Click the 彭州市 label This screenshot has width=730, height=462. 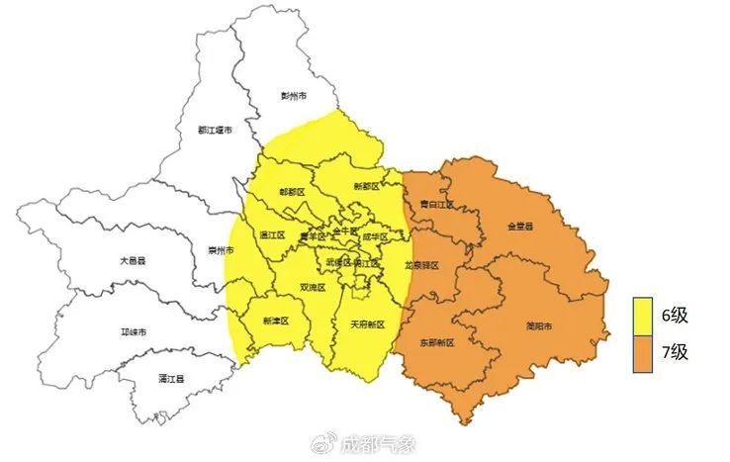click(x=294, y=96)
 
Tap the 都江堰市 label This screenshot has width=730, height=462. click(x=215, y=130)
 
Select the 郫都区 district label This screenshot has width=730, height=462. click(x=292, y=191)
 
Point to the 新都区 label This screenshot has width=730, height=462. click(x=368, y=187)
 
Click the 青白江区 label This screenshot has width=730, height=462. click(x=436, y=205)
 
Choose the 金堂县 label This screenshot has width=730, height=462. click(x=519, y=227)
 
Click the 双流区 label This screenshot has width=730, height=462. click(x=313, y=287)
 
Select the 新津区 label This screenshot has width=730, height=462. click(x=275, y=321)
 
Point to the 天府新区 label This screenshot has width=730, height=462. click(x=367, y=323)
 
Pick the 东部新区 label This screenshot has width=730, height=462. click(x=435, y=342)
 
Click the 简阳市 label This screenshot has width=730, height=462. click(x=539, y=326)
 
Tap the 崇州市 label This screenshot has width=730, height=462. click(x=222, y=249)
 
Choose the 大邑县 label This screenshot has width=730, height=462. click(x=133, y=260)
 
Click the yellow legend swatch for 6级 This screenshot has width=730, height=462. click(x=646, y=316)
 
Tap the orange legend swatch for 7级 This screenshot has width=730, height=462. click(x=646, y=353)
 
